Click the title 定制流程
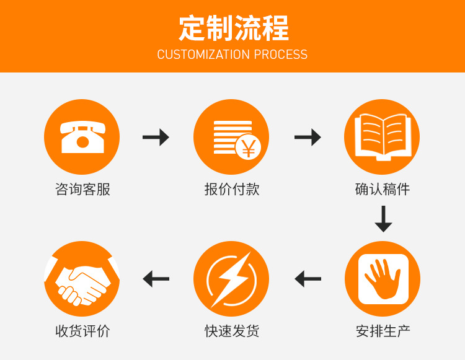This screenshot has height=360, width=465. [233, 28]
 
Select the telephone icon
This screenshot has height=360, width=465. [82, 136]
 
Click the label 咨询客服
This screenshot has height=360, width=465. [82, 189]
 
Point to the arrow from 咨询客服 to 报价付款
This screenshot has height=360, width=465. [156, 137]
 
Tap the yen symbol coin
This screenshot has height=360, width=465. [248, 147]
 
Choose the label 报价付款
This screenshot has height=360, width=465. [232, 189]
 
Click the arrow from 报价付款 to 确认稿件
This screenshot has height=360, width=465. [308, 137]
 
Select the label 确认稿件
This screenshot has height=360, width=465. [383, 189]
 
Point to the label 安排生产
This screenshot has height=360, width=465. [383, 331]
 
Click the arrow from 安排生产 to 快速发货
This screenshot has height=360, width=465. [308, 279]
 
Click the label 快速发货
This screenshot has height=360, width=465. [232, 331]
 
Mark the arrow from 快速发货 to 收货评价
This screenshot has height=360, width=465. [156, 279]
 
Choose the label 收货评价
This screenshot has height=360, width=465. [82, 331]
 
